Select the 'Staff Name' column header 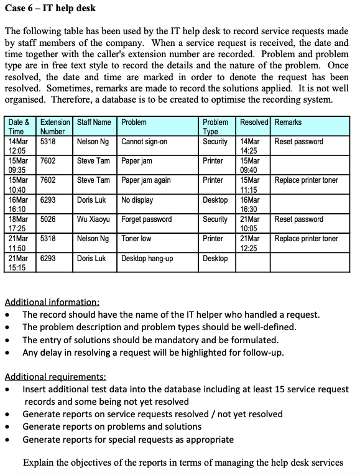94,122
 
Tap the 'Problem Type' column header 216,127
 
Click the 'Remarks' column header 288,122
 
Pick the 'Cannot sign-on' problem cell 144,142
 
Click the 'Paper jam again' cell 146,180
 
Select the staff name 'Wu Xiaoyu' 94,219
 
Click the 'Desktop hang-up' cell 147,258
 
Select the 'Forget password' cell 147,219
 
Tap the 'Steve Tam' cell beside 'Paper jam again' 94,180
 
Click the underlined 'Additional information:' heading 52,302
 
